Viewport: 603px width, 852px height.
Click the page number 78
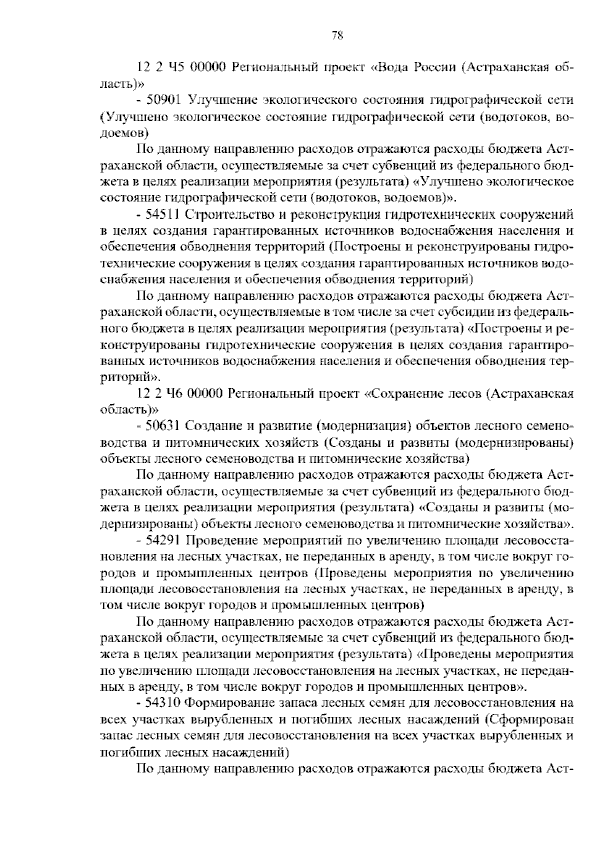[x=337, y=35]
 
